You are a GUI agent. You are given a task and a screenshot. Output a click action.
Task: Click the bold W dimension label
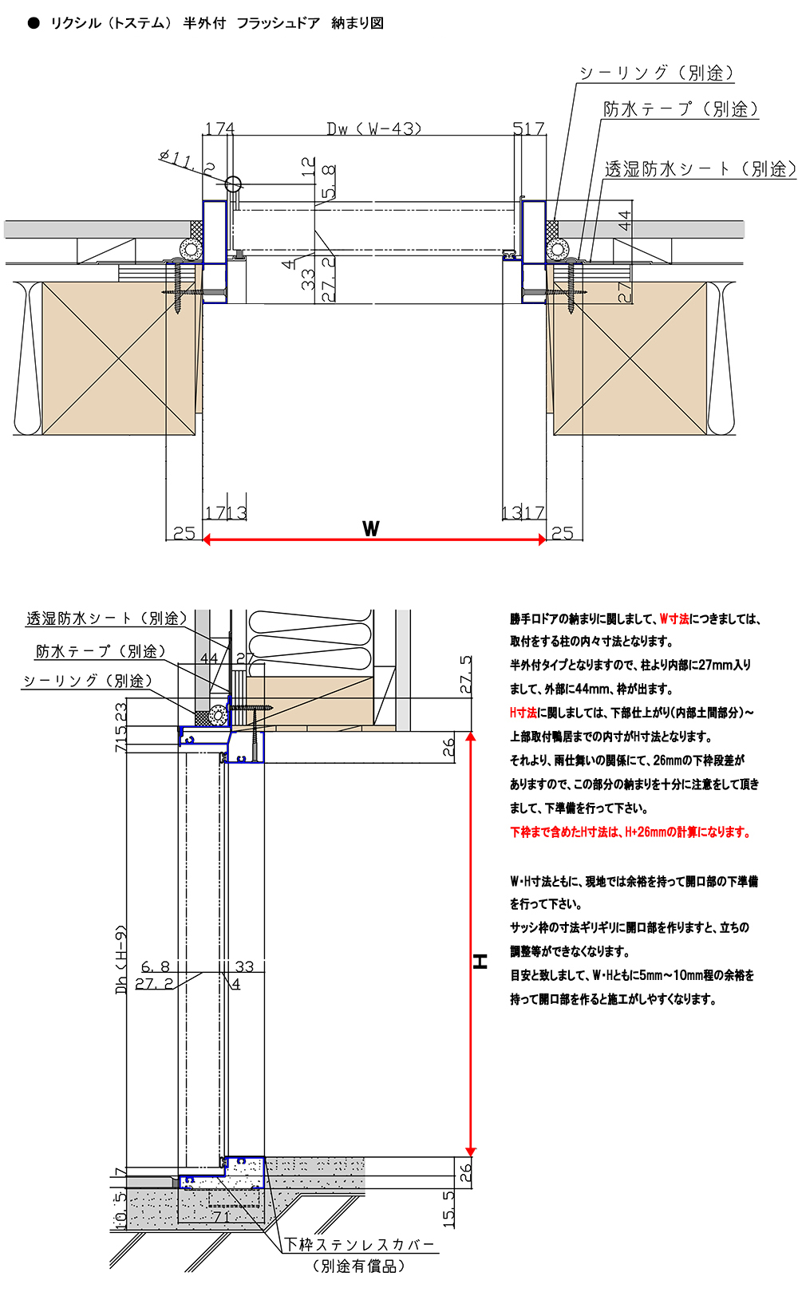coord(371,528)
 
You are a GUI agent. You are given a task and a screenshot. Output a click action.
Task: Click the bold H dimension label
coord(480,961)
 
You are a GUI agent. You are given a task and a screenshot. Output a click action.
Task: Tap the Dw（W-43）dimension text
coord(373,128)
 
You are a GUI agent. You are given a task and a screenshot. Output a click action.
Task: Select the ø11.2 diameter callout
coord(187,161)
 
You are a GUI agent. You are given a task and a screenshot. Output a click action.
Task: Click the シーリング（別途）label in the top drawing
coord(656,73)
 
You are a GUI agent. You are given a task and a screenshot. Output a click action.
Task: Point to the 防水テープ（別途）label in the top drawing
coord(680,109)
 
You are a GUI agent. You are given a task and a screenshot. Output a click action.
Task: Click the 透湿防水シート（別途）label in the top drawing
coord(700,168)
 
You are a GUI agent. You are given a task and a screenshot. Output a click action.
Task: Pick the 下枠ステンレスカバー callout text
coord(360,1244)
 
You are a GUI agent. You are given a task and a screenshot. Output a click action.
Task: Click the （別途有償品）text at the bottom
coord(359,1266)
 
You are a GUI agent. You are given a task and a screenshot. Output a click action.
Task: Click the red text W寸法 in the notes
coord(674,618)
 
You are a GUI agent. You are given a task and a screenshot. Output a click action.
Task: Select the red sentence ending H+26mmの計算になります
coord(630,832)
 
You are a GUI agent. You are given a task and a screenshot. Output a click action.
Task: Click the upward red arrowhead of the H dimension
coord(471,737)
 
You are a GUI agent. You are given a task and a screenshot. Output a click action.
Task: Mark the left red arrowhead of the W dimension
coord(207,539)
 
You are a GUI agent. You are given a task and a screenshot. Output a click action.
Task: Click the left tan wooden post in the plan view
coord(119,358)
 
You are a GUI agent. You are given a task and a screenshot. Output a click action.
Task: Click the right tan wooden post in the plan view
coord(630,358)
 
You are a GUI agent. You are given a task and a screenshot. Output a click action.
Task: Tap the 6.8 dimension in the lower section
coord(155,966)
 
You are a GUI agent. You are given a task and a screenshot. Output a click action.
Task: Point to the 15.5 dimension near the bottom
coord(449,1208)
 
